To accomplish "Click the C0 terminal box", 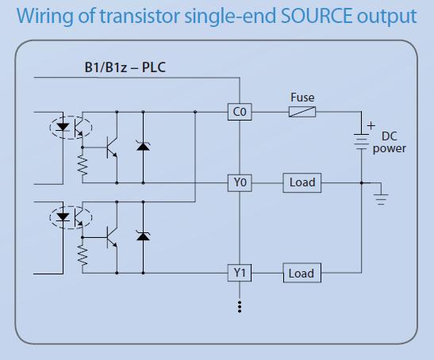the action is tap(240, 112).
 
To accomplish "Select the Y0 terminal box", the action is tap(240, 183).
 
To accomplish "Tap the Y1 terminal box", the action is tap(240, 273).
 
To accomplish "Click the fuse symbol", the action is tap(302, 112).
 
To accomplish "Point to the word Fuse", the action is tap(302, 98).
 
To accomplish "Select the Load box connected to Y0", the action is tap(302, 182).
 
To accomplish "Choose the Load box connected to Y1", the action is tap(302, 273).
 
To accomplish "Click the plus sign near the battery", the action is tap(371, 126).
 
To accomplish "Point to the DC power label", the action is tap(389, 142).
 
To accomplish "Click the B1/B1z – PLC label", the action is tap(125, 67).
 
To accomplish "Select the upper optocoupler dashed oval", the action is tap(71, 128).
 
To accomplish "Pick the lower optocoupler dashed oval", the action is tap(71, 217).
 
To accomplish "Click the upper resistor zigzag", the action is tap(83, 165).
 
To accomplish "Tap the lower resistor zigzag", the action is tap(83, 255).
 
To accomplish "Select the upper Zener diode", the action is tap(143, 146).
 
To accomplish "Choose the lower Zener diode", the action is tap(143, 236).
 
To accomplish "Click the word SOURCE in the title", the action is tap(317, 16).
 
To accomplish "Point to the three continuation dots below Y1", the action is tap(240, 307).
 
